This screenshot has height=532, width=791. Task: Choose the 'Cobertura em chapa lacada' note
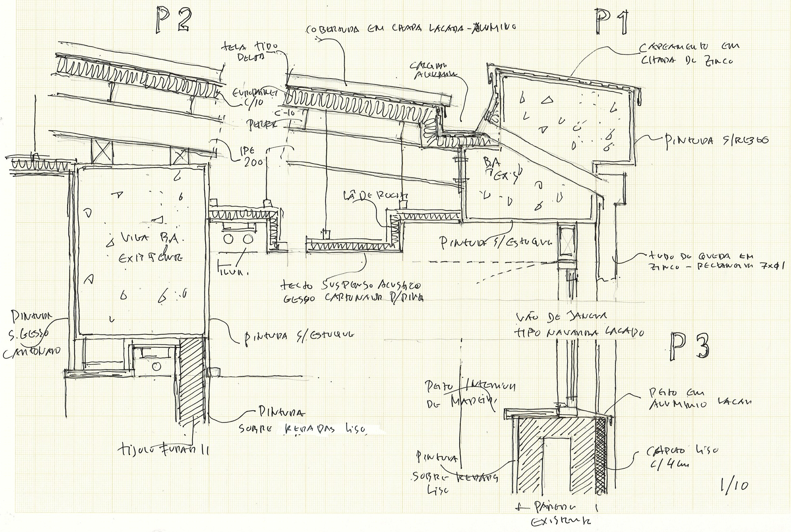coord(411,29)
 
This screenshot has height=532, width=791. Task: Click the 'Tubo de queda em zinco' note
coord(700,261)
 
